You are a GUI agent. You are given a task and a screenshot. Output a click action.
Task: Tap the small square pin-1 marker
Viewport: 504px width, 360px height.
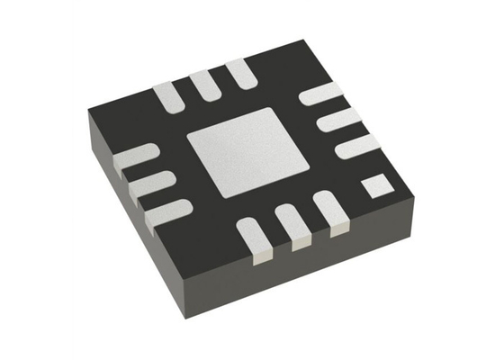coord(373,187)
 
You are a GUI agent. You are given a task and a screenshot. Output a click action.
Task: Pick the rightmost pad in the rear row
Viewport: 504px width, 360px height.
coord(240,74)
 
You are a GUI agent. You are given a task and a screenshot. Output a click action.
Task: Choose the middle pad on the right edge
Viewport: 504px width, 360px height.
coord(340,119)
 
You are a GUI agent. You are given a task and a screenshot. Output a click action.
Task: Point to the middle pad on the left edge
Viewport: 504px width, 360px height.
coord(150,184)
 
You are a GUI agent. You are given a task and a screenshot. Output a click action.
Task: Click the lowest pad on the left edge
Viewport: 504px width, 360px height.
coord(167,211)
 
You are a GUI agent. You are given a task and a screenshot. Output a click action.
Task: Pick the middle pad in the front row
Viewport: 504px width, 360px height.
coord(292,227)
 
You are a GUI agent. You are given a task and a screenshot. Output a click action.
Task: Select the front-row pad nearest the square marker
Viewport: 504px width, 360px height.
coord(331,214)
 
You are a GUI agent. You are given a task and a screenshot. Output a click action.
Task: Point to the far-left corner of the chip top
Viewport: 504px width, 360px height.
coord(87,111)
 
